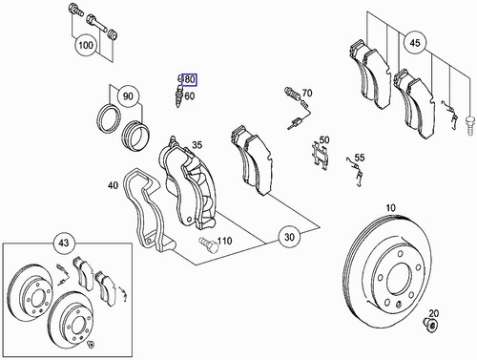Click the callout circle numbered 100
(87, 45)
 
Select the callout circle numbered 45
(414, 41)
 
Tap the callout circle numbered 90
(127, 96)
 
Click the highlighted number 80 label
(189, 79)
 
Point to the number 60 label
(189, 95)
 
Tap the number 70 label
(307, 94)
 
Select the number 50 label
(324, 140)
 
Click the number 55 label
(360, 158)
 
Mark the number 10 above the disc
(391, 207)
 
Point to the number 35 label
(197, 146)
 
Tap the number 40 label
(114, 185)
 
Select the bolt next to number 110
(208, 246)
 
